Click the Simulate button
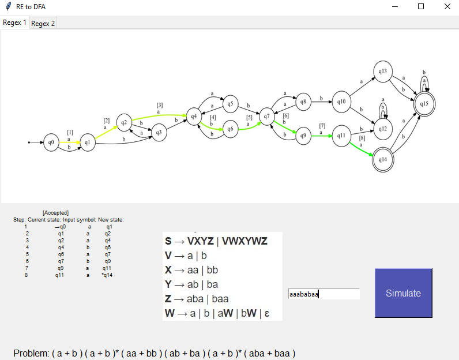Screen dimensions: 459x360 (x=404, y=293)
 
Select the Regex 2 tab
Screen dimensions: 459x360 (x=43, y=23)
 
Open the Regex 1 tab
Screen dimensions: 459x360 (x=14, y=22)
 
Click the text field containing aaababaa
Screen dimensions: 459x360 (x=323, y=294)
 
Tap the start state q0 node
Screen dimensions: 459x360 (x=51, y=142)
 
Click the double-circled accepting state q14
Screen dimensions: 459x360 (x=383, y=160)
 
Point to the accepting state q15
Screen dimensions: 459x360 (x=424, y=104)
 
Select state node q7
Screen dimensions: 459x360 (x=266, y=117)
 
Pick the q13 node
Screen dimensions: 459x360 (x=383, y=72)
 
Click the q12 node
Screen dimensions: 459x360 (x=383, y=129)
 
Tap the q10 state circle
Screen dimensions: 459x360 (x=341, y=102)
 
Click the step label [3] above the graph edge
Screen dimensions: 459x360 (x=160, y=105)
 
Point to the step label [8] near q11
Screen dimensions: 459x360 (x=362, y=138)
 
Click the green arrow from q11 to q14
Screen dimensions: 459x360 (x=361, y=149)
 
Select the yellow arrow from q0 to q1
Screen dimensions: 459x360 (x=70, y=142)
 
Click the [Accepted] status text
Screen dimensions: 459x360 (x=55, y=213)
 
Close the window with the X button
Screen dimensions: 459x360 (x=447, y=6)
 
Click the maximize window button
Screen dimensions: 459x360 (x=421, y=6)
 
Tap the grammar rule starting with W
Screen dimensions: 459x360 (x=217, y=313)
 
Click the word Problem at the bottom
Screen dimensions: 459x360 (x=31, y=353)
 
